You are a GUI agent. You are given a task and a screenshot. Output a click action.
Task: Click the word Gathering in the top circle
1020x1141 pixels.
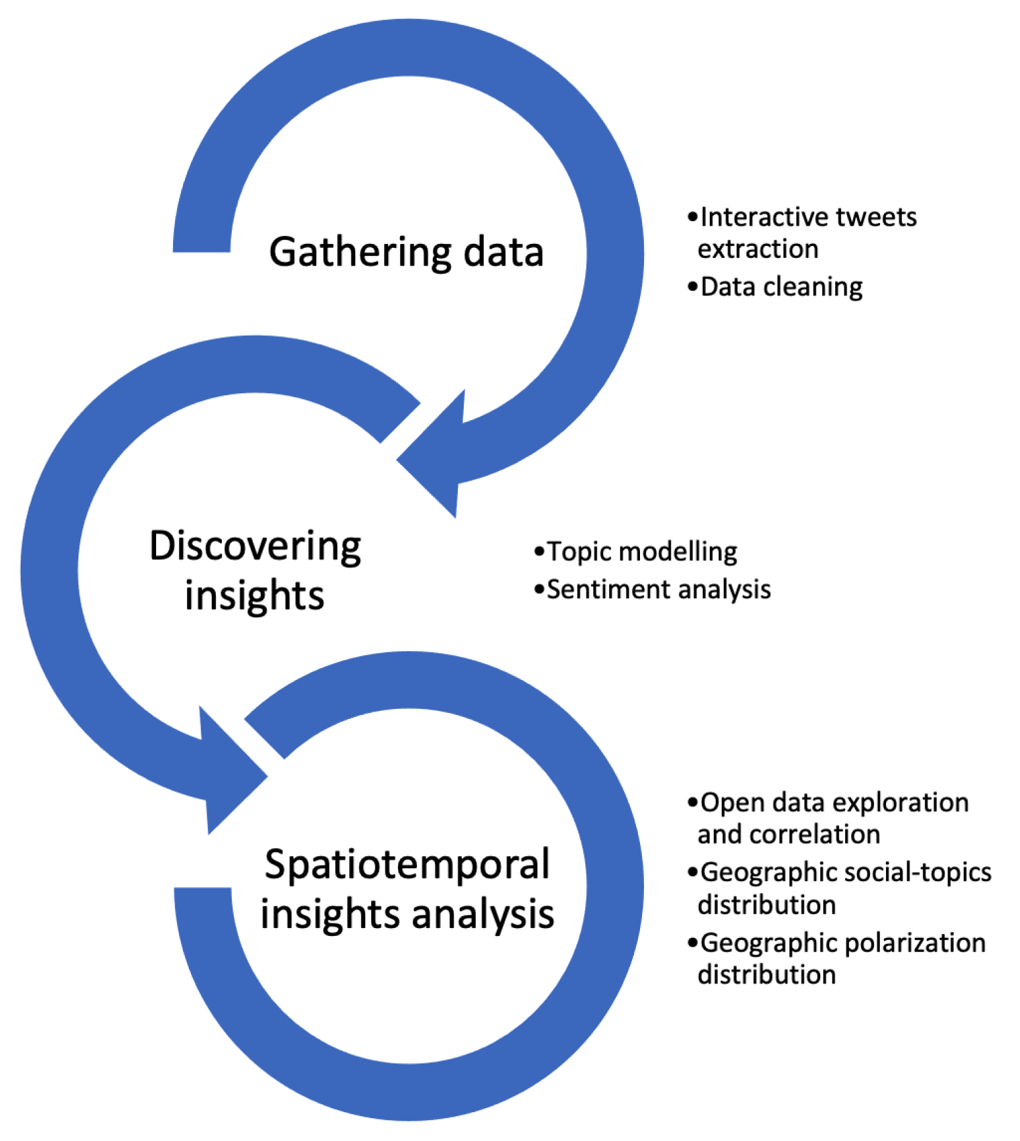pos(360,253)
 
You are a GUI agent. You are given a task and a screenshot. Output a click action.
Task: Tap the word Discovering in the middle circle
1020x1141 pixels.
pos(255,546)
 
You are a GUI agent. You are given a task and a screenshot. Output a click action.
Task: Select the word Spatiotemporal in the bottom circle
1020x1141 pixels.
pos(407,865)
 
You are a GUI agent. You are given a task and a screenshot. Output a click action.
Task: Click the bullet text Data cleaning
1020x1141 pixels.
pos(781,287)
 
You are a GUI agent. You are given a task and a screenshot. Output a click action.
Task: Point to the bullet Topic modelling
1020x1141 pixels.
pos(641,552)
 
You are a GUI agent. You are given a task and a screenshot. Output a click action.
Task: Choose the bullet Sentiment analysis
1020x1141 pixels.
pos(658,590)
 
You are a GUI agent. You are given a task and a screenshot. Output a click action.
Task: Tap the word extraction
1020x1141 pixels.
pos(757,249)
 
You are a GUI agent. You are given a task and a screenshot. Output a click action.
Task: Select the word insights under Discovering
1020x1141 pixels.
pos(255,596)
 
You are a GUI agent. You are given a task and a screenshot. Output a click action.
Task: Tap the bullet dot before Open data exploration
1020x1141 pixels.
pos(692,802)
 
